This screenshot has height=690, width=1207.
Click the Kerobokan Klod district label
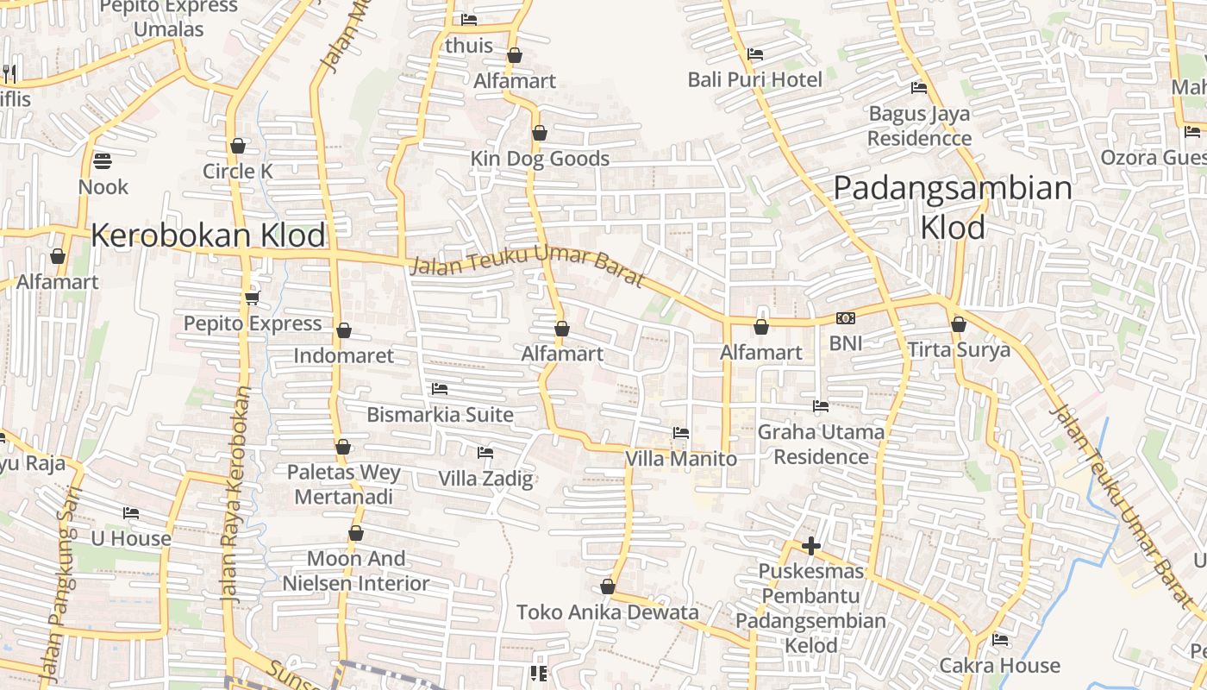tap(209, 235)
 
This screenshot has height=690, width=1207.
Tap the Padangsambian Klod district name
tap(953, 208)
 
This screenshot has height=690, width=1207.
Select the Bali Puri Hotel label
tap(755, 80)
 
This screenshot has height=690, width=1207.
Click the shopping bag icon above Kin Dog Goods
tap(540, 133)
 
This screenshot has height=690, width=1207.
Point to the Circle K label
tap(238, 172)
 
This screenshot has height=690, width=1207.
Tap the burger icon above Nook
tap(102, 160)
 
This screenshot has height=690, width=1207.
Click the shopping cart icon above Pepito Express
tap(252, 298)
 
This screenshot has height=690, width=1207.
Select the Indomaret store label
tap(343, 355)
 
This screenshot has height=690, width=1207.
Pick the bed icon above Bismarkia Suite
tap(440, 389)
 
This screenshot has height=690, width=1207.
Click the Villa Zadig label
tap(486, 479)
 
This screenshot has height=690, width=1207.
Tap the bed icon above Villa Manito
tap(681, 433)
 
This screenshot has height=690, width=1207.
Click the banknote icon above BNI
tap(846, 318)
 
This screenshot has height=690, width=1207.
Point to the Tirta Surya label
tap(959, 350)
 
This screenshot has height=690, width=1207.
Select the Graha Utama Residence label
tap(821, 444)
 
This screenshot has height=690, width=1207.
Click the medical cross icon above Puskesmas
tap(810, 546)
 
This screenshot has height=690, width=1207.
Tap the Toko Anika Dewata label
tap(608, 612)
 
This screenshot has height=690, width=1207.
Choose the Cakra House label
tap(1000, 665)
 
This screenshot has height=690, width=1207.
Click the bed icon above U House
tap(131, 513)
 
